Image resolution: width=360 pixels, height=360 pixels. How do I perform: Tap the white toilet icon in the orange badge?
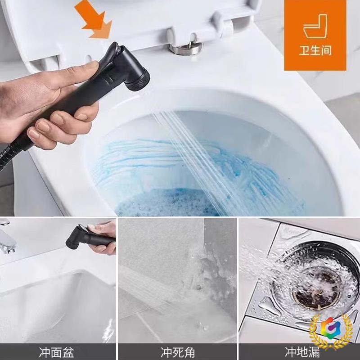(x=315, y=27)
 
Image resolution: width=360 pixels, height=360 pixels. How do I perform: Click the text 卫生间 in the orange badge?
(x=315, y=50)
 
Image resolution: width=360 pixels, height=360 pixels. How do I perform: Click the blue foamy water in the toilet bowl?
(x=162, y=202)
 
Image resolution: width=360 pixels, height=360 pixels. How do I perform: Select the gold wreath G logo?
(x=331, y=331)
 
